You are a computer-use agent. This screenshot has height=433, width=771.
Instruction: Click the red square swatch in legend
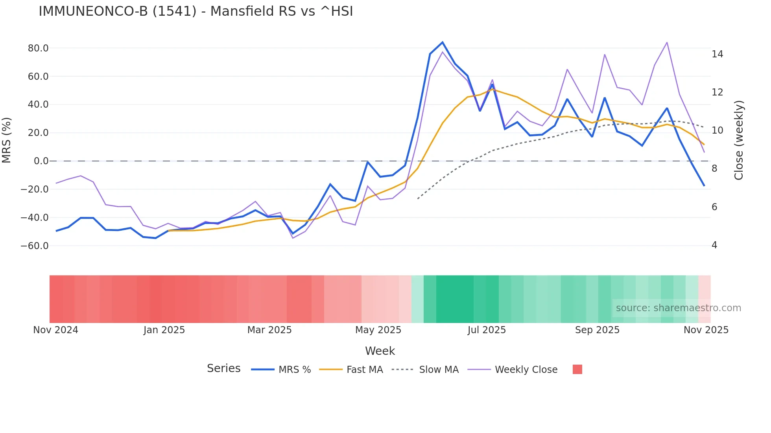577,369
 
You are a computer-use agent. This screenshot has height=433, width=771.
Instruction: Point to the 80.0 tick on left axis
38,48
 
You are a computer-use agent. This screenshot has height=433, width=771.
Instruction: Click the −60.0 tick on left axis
35,246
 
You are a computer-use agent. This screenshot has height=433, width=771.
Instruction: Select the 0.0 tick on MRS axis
41,161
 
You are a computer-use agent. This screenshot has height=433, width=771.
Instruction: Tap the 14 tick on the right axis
717,54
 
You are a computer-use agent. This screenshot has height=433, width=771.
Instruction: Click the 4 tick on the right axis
714,245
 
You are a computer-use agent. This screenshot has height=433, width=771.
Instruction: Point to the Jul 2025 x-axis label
487,330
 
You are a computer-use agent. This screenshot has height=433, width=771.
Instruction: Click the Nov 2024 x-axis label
55,330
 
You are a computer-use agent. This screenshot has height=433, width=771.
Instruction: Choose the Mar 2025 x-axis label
269,330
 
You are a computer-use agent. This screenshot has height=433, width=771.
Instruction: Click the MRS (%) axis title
7,140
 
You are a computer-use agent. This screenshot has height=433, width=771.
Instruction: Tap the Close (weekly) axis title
739,140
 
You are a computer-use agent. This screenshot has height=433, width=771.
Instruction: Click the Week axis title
380,351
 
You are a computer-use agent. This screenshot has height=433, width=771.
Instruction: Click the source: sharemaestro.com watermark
678,308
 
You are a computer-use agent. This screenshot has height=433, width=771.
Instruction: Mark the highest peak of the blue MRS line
442,42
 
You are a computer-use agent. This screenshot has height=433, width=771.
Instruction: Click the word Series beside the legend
223,369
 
